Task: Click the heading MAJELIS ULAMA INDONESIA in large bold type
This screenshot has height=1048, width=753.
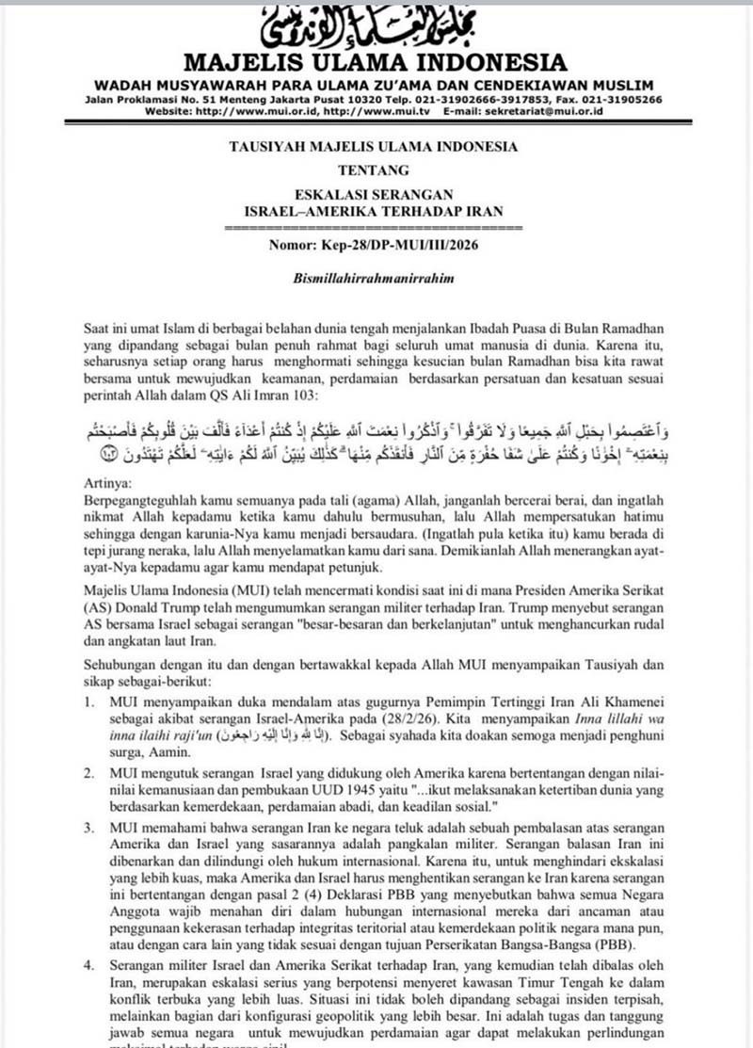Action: click(x=376, y=63)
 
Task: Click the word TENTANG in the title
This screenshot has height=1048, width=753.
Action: click(x=376, y=170)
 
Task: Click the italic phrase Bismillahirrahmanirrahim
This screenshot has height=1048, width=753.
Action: click(x=376, y=281)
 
